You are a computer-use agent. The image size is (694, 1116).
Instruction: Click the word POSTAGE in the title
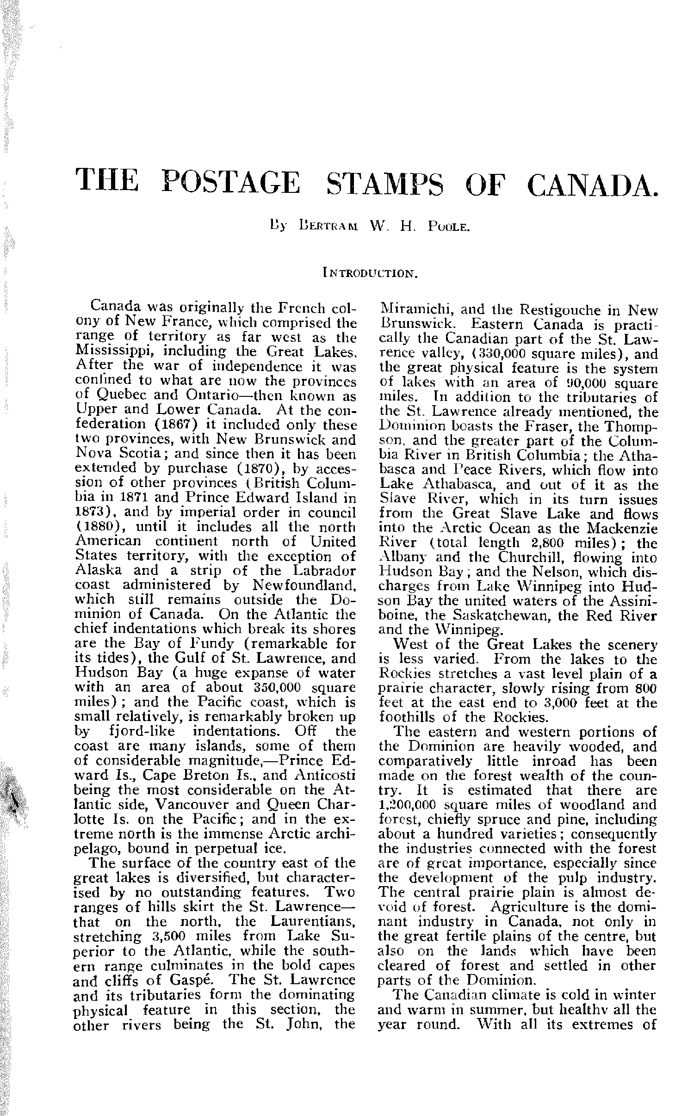tap(232, 182)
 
